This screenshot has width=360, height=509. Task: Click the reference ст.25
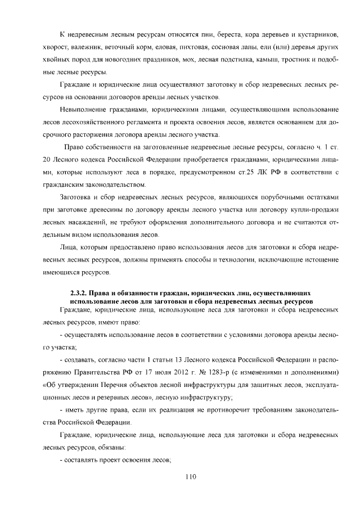click(x=245, y=172)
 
